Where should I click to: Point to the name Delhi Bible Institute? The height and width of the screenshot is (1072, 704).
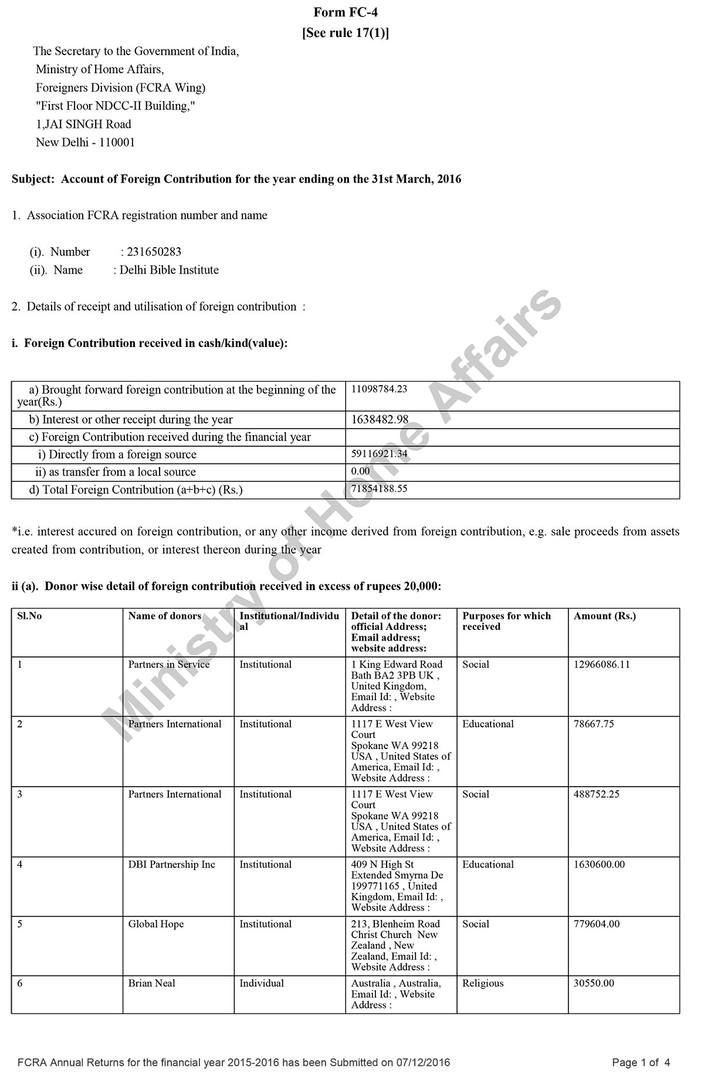(x=169, y=270)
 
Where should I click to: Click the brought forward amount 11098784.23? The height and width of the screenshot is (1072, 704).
(x=379, y=389)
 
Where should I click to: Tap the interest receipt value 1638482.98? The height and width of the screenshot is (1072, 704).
(x=380, y=420)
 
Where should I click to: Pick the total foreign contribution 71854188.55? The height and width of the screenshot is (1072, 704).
(x=379, y=488)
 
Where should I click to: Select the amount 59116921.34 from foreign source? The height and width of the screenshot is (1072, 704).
(x=379, y=453)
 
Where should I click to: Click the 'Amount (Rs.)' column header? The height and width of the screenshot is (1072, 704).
(x=604, y=616)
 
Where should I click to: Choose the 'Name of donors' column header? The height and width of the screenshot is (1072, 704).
(x=165, y=616)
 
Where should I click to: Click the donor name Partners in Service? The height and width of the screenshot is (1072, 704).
(x=169, y=665)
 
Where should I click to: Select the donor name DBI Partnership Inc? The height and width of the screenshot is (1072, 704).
(x=172, y=865)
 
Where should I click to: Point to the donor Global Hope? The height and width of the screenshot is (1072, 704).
(x=156, y=924)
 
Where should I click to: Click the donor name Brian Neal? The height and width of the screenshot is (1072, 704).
(x=152, y=983)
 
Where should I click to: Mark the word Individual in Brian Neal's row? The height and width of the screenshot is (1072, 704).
(x=261, y=983)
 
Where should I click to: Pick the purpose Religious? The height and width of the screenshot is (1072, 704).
(x=483, y=983)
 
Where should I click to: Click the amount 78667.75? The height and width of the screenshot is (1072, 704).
(x=594, y=724)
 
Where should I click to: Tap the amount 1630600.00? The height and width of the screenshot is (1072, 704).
(x=599, y=865)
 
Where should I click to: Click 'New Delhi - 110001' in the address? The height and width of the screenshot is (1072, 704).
(x=85, y=142)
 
